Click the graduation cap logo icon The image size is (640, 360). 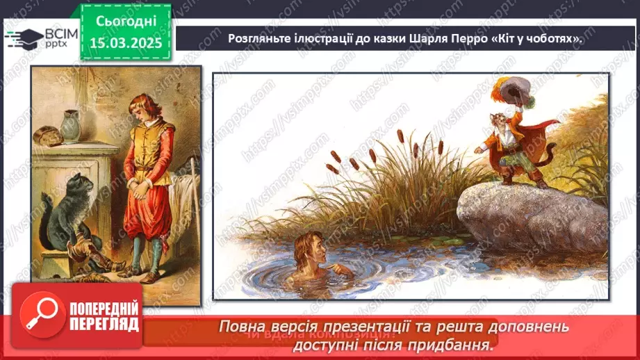tap(23, 38)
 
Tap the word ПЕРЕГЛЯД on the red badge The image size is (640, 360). tap(104, 324)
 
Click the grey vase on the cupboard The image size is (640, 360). tap(70, 127)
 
